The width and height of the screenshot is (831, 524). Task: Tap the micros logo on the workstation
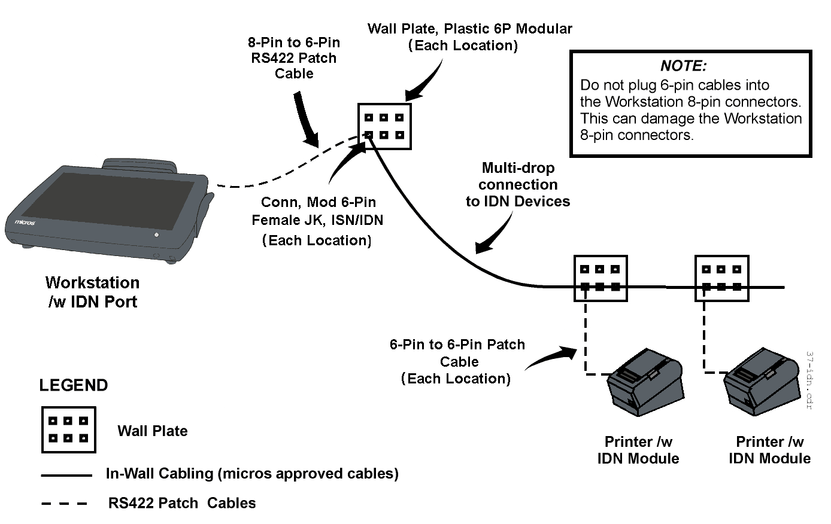25,223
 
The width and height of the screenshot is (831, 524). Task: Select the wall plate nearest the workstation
384,126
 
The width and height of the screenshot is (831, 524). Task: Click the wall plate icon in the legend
68,429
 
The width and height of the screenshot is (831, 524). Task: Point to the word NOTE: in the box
683,66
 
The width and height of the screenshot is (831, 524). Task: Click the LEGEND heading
73,385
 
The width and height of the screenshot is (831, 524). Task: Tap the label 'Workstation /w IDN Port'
92,292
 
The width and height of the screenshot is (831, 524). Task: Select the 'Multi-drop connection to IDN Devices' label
518,185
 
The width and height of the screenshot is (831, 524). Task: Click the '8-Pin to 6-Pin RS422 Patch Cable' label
294,58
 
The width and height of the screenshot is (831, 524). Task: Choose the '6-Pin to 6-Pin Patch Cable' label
457,361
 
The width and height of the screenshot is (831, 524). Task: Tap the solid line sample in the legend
66,476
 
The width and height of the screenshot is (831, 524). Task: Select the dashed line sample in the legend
65,504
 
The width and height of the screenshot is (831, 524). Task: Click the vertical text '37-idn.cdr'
809,379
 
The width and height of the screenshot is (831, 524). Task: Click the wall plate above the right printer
721,278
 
